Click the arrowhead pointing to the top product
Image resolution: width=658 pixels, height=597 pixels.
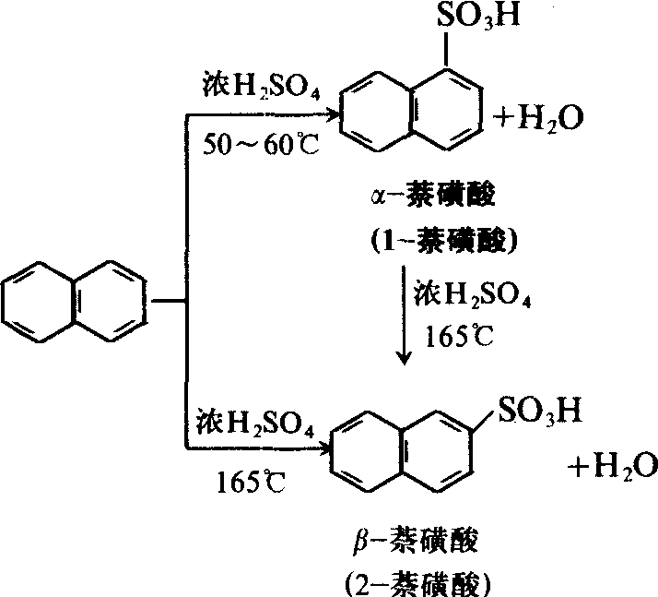tap(332, 115)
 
